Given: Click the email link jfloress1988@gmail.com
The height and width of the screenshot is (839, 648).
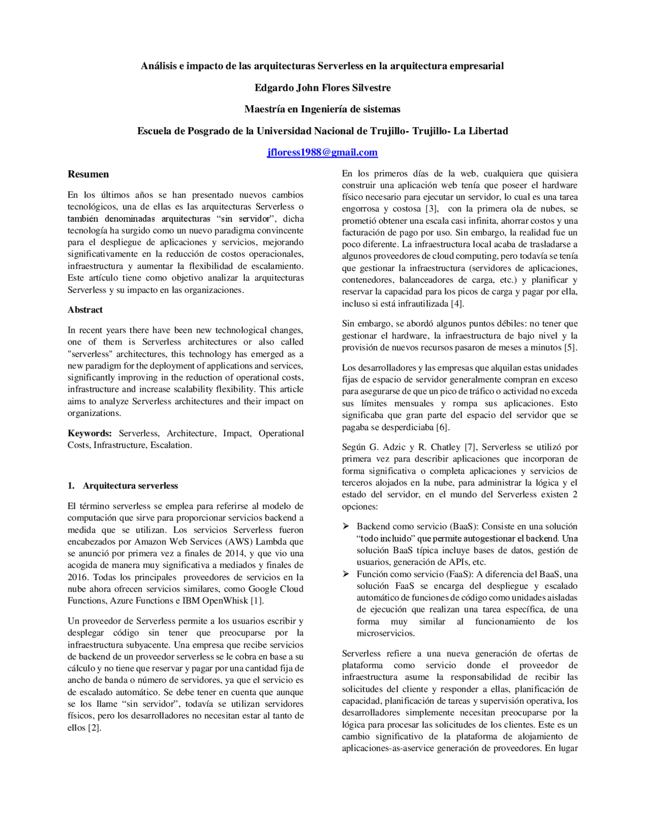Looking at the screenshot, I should [322, 152].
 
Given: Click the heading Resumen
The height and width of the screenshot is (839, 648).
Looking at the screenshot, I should [88, 174].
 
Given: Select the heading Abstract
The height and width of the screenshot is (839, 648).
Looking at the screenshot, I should [85, 310].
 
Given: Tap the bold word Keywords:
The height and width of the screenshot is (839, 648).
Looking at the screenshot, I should [90, 433].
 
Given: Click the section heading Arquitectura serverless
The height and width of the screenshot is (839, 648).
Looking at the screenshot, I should [130, 485].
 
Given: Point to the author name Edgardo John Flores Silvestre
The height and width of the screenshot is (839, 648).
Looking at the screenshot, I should [322, 88].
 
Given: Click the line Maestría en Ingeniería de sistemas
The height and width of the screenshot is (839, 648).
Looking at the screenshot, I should [322, 109].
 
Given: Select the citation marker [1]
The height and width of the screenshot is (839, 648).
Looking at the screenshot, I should [257, 601].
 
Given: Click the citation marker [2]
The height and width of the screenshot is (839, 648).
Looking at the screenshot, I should [94, 728].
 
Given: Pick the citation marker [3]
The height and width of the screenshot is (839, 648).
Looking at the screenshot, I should [431, 209].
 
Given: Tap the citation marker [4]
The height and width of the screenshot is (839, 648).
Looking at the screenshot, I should [457, 304].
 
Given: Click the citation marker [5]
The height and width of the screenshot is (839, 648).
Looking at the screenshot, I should [571, 348].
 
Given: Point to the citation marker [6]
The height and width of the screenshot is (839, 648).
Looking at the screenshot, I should [442, 427].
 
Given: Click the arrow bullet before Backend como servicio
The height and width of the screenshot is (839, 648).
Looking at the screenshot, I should [346, 526].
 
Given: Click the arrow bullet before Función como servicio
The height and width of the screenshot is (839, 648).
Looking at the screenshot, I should [346, 574].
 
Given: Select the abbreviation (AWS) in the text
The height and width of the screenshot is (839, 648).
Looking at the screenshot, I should [239, 542].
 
